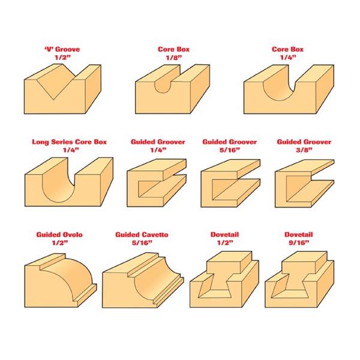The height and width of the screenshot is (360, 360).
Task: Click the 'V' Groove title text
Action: pos(62,49)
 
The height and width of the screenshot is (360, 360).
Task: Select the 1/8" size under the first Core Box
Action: pos(174,58)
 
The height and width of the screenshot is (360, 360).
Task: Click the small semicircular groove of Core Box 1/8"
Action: pos(163,85)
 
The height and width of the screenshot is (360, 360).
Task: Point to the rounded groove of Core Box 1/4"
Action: pos(279,88)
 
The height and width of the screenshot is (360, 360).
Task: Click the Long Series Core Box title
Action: pos(70,142)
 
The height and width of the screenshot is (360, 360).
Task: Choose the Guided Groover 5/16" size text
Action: pos(229,150)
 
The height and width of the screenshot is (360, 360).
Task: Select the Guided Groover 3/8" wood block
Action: pos(304,184)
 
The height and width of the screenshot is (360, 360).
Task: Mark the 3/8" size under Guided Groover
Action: pos(304,150)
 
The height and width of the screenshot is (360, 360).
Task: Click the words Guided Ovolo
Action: pos(59,235)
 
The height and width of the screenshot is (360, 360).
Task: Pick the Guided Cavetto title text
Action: pos(142,235)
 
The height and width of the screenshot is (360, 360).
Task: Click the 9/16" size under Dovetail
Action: pos(299,242)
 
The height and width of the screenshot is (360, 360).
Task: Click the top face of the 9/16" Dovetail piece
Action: pos(304,257)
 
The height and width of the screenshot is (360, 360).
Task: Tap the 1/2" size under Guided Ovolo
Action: pos(59,242)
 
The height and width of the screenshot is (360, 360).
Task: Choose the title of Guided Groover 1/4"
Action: pos(158,142)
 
